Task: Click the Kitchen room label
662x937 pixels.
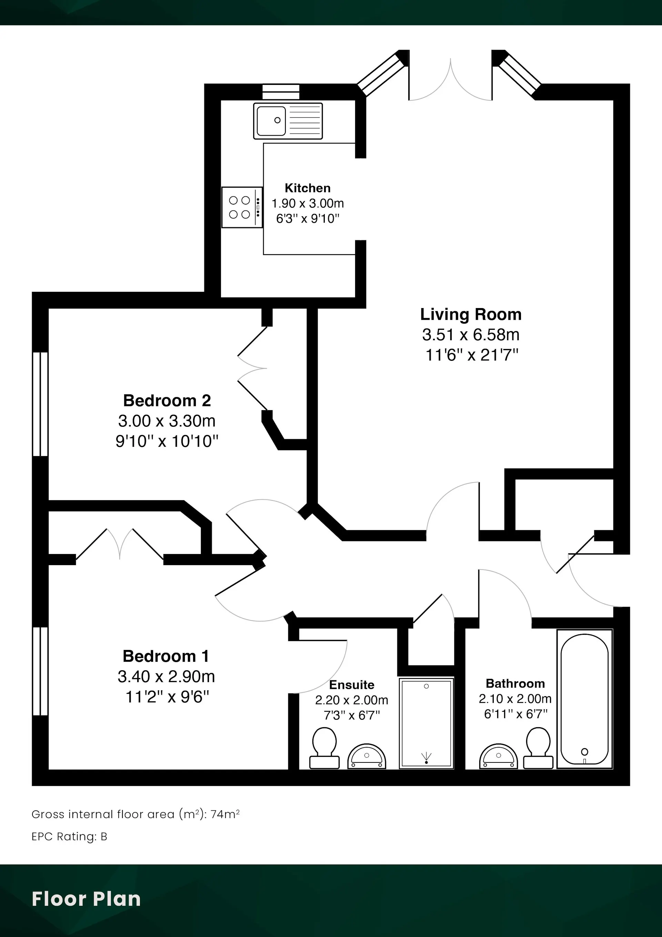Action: pyautogui.click(x=308, y=188)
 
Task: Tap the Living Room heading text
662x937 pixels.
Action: pyautogui.click(x=471, y=314)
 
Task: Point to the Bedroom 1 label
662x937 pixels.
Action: pyautogui.click(x=166, y=656)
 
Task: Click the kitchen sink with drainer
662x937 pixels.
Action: pyautogui.click(x=288, y=121)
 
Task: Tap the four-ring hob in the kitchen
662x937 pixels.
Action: pyautogui.click(x=242, y=207)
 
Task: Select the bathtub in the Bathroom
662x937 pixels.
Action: pyautogui.click(x=584, y=699)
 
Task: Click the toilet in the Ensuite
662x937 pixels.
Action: pyautogui.click(x=324, y=748)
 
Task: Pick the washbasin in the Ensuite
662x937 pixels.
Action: pyautogui.click(x=367, y=756)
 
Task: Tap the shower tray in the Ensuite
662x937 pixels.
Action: pyautogui.click(x=426, y=723)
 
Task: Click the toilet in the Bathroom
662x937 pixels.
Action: pyautogui.click(x=539, y=748)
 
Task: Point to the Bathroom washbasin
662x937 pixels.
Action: pyautogui.click(x=499, y=756)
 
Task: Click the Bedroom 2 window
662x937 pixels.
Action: pyautogui.click(x=40, y=404)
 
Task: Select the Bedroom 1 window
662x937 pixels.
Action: pyautogui.click(x=40, y=671)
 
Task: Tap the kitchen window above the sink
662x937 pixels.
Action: pyautogui.click(x=281, y=92)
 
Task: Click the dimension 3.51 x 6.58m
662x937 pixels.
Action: pyautogui.click(x=471, y=335)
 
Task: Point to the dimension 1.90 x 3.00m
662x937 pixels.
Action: pyautogui.click(x=308, y=203)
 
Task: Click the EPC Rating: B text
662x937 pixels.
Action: pyautogui.click(x=69, y=837)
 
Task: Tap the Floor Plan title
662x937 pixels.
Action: pyautogui.click(x=86, y=899)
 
